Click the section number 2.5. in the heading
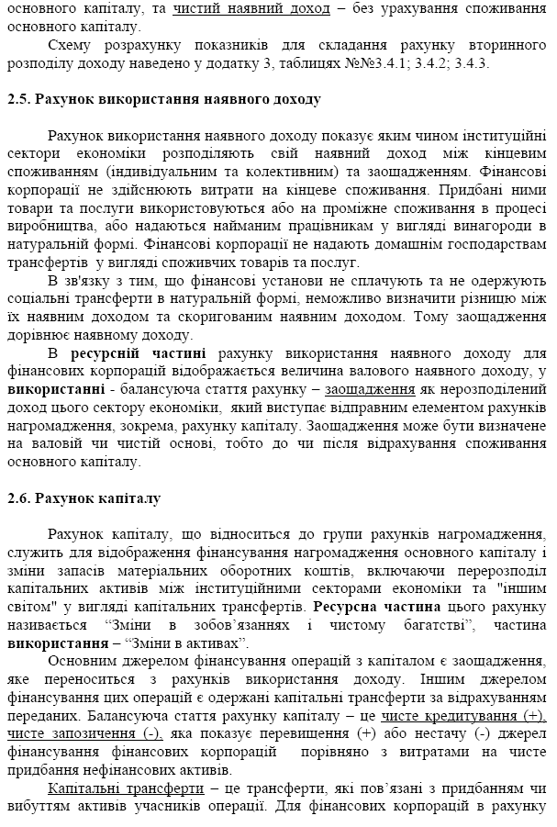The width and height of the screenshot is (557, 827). click(x=19, y=98)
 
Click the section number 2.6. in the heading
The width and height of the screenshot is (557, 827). click(x=19, y=498)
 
